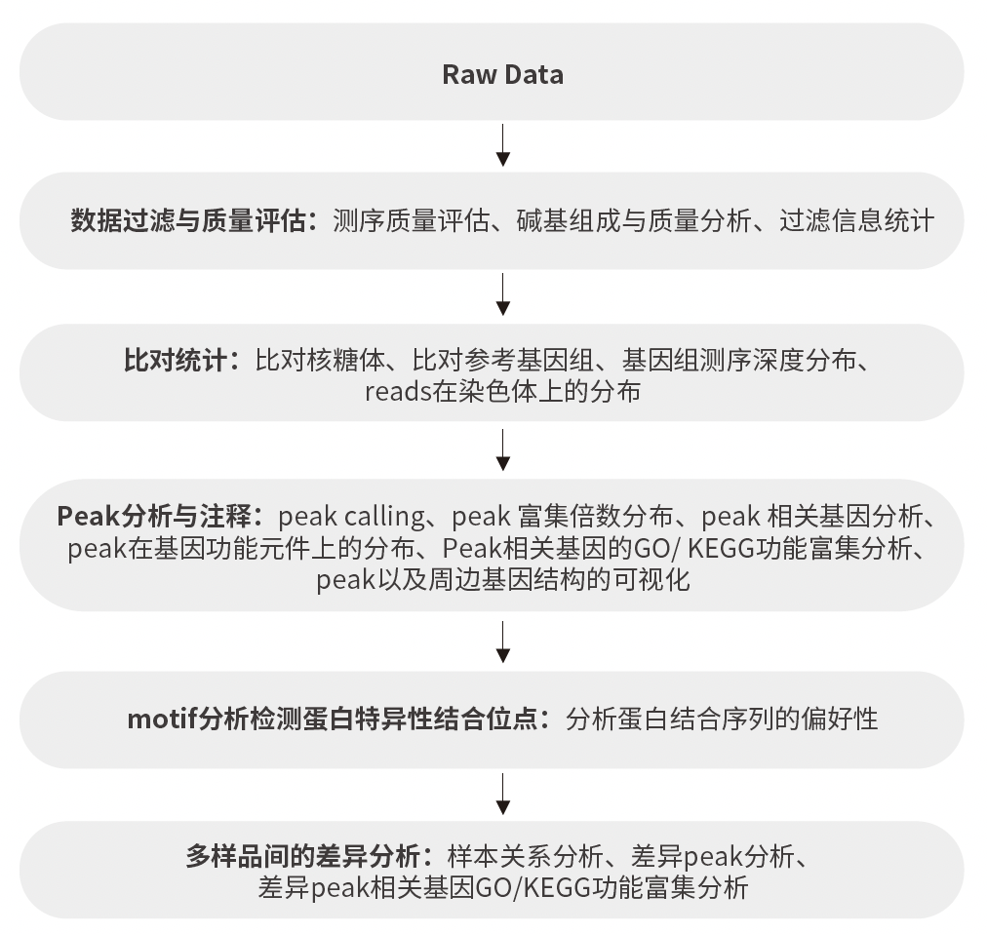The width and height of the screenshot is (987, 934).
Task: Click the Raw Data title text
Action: pyautogui.click(x=502, y=74)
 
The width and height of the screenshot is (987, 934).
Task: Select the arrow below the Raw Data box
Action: pyautogui.click(x=502, y=145)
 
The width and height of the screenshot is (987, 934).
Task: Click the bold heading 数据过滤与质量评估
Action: pyautogui.click(x=188, y=221)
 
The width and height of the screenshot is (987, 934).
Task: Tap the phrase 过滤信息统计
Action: pyautogui.click(x=856, y=221)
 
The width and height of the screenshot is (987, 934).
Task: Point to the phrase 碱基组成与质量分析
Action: pyautogui.click(x=634, y=221)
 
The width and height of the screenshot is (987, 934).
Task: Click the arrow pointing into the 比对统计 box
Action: pyautogui.click(x=502, y=294)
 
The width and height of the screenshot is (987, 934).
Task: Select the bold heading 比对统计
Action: pyautogui.click(x=175, y=361)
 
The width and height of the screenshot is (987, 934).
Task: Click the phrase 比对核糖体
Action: pyautogui.click(x=320, y=361)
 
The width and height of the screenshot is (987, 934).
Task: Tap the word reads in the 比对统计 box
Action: pyautogui.click(x=398, y=392)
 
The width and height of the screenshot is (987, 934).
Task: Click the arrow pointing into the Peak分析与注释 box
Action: pyautogui.click(x=502, y=450)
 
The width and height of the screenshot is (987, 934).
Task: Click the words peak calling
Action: pyautogui.click(x=352, y=517)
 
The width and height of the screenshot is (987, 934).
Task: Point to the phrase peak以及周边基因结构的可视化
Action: pyautogui.click(x=502, y=580)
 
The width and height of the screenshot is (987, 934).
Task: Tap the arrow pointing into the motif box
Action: pyautogui.click(x=502, y=642)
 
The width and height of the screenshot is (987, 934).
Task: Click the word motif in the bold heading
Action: pyautogui.click(x=162, y=719)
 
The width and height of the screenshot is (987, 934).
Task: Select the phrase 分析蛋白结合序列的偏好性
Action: pyautogui.click(x=722, y=719)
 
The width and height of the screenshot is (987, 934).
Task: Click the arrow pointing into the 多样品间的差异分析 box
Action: pyautogui.click(x=502, y=795)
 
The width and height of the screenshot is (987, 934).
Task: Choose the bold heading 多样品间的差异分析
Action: pyautogui.click(x=302, y=857)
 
